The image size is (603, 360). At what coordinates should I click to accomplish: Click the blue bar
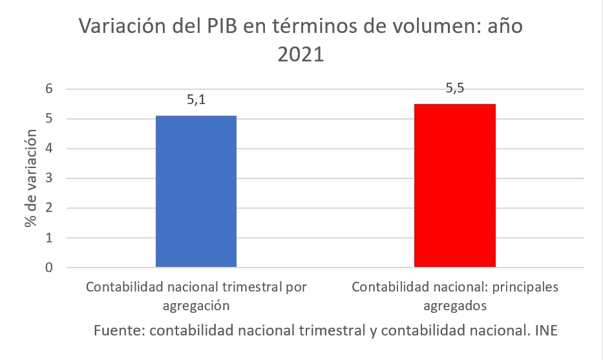click(x=196, y=191)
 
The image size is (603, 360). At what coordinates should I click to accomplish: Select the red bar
click(x=454, y=185)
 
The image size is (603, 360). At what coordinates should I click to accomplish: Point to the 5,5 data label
click(x=454, y=89)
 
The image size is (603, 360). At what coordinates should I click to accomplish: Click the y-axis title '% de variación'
click(x=30, y=179)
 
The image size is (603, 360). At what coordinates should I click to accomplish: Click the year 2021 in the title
click(x=301, y=54)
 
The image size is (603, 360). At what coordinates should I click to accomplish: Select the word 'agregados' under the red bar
click(x=454, y=304)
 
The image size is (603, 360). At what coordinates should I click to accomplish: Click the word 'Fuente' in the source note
click(x=118, y=330)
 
